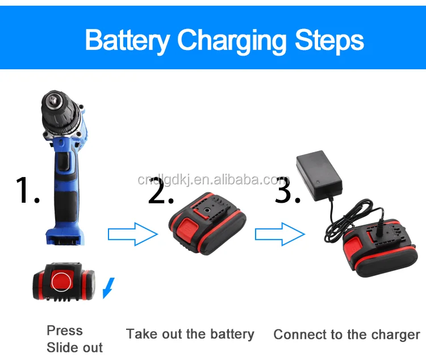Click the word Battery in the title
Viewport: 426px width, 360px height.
tap(127, 41)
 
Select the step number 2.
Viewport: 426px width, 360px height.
tap(160, 190)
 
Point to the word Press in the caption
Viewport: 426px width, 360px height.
tap(64, 330)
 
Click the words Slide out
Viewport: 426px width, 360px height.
tap(74, 348)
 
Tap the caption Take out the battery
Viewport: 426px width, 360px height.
tap(190, 334)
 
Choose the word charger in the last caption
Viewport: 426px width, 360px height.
tap(392, 334)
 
